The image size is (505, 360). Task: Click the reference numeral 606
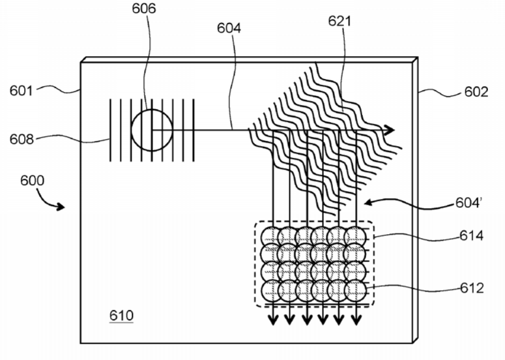coord(143,8)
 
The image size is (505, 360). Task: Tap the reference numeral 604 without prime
coord(229,28)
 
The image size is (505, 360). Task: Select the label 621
coord(339,21)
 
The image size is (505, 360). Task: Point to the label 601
coord(22,91)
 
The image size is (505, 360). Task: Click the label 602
coord(476,92)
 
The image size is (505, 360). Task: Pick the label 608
coord(22,139)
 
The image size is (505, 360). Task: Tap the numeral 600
coord(32,181)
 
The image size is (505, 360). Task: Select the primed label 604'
coord(469,203)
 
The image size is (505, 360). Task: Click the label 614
coord(472,236)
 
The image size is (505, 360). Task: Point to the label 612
coord(472,288)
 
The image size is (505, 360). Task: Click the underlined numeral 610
coord(121,316)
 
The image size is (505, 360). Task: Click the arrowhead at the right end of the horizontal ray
coord(390,130)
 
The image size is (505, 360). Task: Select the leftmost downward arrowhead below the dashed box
coord(273,320)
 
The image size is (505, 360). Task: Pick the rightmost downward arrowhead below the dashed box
coord(356,320)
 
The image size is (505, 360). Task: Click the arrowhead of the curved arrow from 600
coord(61,207)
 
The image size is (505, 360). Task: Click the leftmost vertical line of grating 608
coord(111,130)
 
